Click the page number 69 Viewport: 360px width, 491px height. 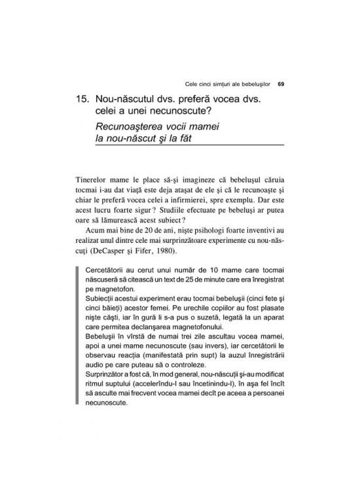[x=281, y=83]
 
